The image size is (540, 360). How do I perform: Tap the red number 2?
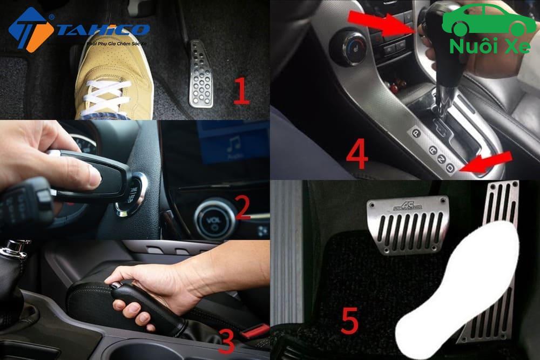(x=242, y=208)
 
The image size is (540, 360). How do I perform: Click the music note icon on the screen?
(x=233, y=144)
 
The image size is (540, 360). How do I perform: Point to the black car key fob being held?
(x=92, y=175)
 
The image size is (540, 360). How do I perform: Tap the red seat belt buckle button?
(x=254, y=330)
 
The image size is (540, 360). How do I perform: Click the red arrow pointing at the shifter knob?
(x=378, y=24)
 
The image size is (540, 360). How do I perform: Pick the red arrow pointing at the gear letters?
(x=488, y=162)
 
